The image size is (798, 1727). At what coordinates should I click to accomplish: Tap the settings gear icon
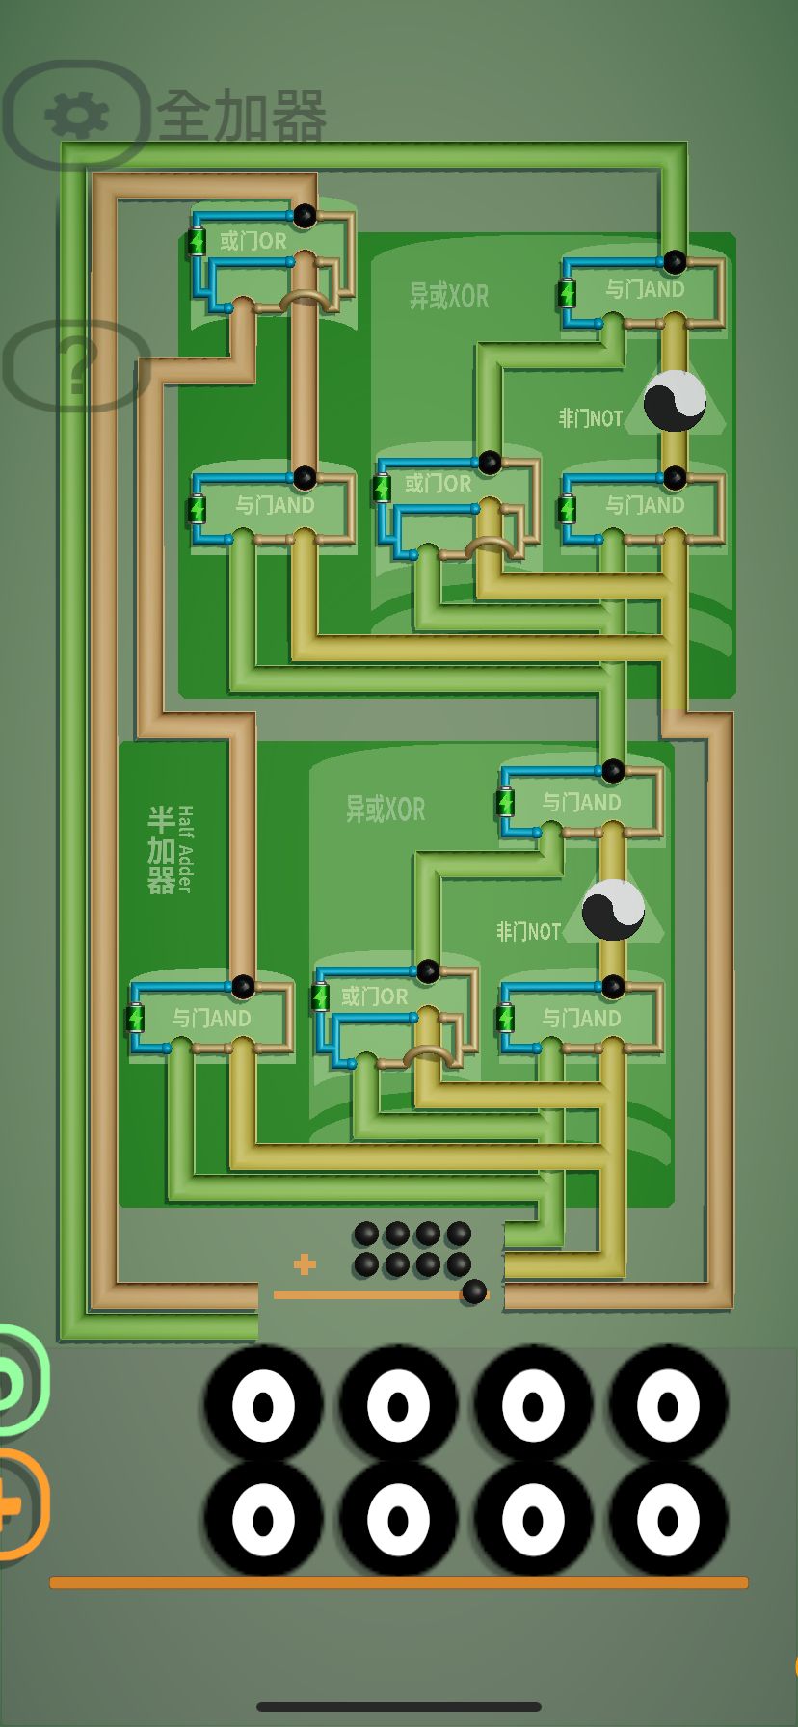point(76,116)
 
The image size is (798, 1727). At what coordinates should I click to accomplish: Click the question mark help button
point(75,367)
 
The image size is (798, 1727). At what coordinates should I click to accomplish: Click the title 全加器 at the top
point(241,117)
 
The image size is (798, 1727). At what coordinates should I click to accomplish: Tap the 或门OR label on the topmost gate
point(253,241)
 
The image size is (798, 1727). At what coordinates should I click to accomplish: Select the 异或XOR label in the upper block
point(449,296)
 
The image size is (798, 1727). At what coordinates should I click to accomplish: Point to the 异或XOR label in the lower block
point(386,809)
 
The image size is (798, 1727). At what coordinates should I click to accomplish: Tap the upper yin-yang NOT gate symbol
point(675,401)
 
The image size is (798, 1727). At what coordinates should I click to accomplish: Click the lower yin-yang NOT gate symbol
point(613,910)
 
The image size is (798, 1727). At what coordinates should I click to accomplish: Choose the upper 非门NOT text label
point(591,418)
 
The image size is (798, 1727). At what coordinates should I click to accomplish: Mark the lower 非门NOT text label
point(528,932)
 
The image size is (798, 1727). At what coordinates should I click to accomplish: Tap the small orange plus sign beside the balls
point(305,1264)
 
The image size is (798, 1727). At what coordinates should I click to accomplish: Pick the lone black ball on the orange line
point(474,1292)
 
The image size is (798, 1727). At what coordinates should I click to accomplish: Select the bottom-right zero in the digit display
point(668,1520)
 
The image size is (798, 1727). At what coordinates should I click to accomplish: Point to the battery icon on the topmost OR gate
point(198,241)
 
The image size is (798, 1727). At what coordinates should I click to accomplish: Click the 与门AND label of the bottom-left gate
point(212,1018)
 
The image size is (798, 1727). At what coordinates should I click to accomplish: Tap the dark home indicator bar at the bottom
point(398,1707)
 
